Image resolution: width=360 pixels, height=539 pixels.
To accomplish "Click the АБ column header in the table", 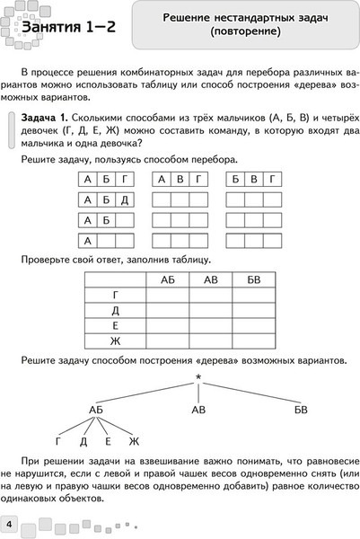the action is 167,279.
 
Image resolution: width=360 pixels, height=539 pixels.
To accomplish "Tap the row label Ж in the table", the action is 114,340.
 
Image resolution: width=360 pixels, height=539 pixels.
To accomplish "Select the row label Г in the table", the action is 114,295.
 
